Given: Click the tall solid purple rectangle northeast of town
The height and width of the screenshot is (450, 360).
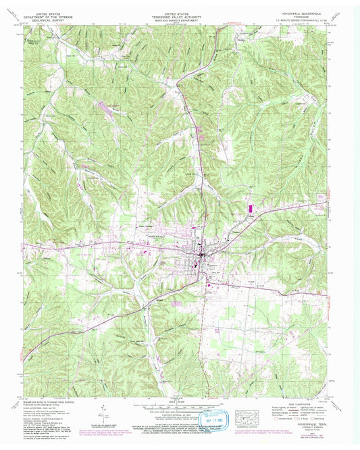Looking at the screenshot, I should [248, 207].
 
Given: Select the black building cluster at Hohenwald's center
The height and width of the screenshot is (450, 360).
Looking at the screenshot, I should [201, 255].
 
